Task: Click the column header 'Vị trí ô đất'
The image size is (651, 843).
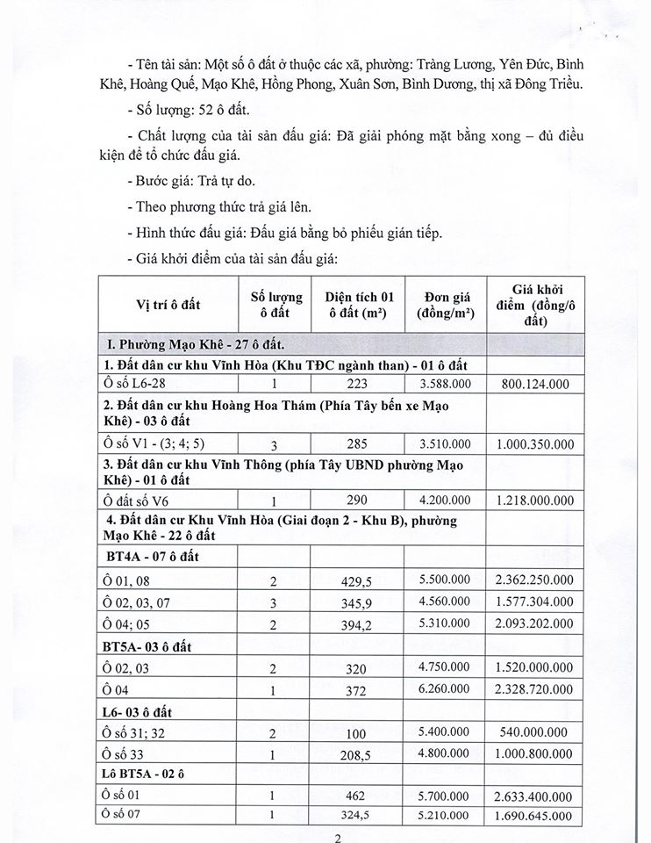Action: click(x=168, y=304)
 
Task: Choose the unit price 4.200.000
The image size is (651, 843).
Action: click(x=444, y=501)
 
